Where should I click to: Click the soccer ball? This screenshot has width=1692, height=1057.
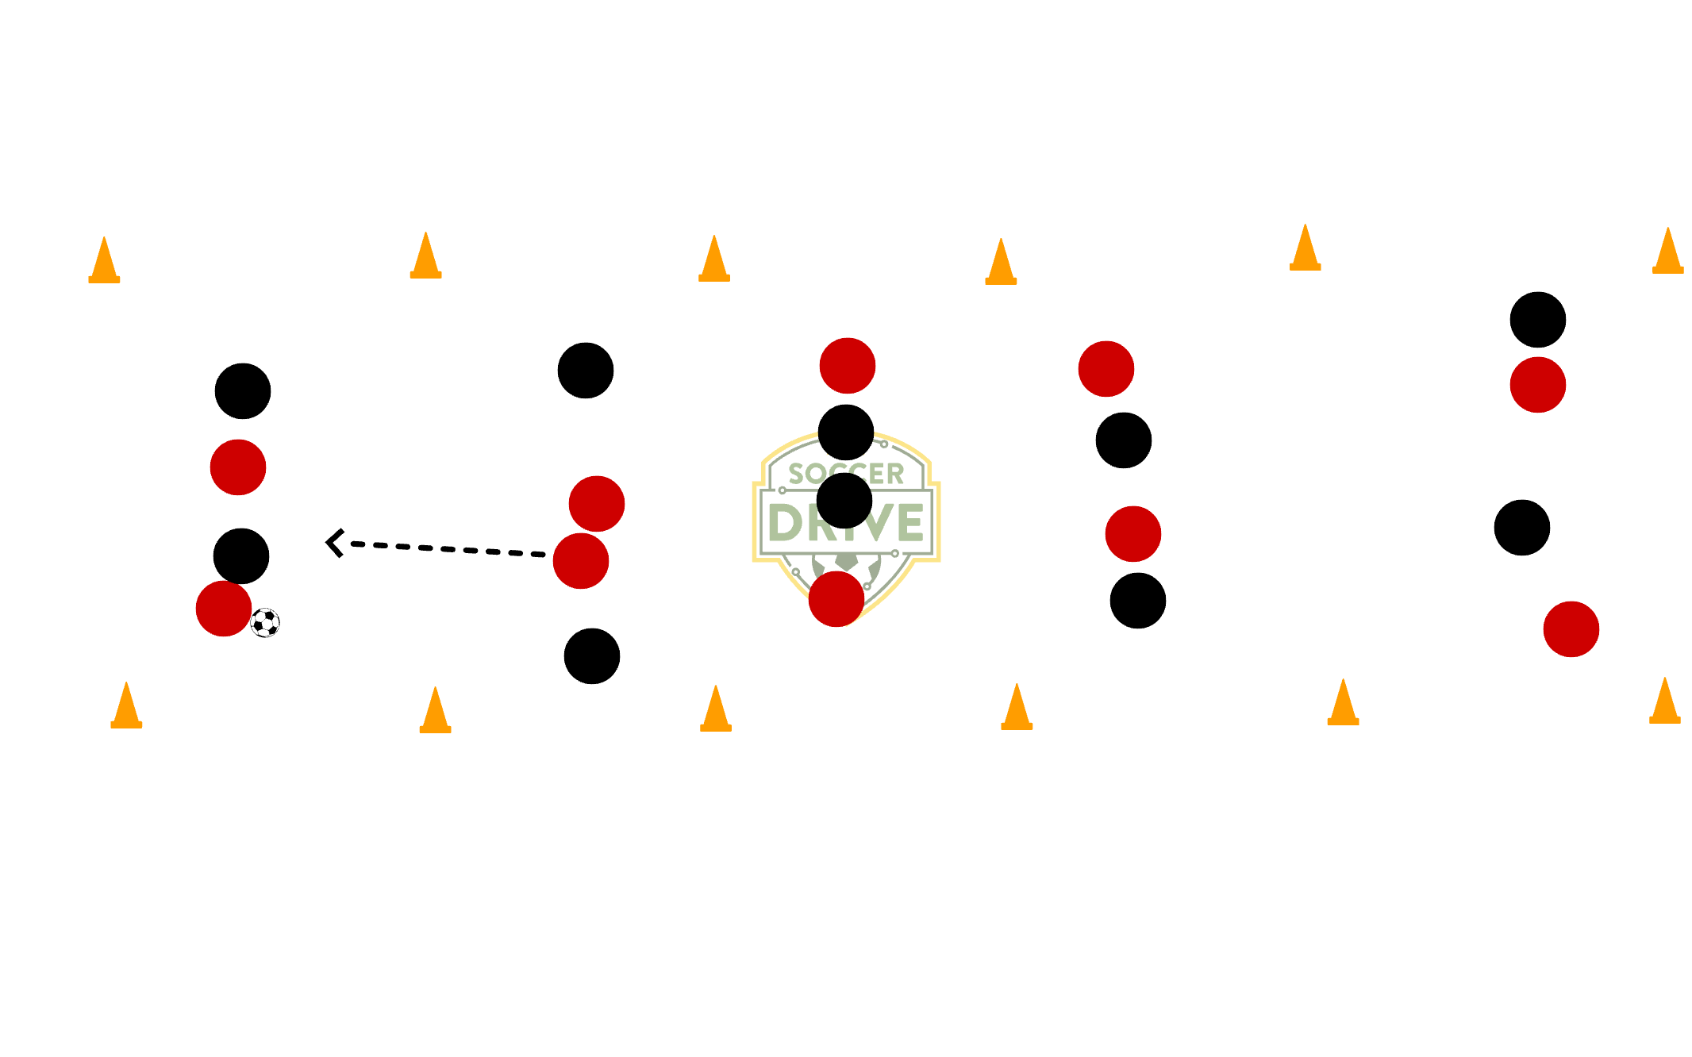(265, 623)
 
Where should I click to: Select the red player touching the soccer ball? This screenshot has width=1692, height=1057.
(223, 609)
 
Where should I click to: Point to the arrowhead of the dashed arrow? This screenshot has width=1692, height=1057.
(333, 543)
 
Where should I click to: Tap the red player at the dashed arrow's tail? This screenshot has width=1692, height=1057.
(580, 561)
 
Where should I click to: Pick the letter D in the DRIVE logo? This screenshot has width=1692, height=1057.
(786, 523)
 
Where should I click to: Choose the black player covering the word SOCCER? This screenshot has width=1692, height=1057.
(846, 432)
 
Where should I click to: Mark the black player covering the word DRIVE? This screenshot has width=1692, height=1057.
(844, 501)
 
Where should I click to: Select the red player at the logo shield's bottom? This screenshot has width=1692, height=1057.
(836, 599)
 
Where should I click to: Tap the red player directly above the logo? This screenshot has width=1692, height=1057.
(848, 366)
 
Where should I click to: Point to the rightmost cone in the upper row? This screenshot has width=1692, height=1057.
(1667, 252)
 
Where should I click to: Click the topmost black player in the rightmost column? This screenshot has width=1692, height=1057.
(1538, 320)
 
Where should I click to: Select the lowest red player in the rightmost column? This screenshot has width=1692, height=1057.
(1571, 629)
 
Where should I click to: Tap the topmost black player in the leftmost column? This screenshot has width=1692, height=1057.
(243, 391)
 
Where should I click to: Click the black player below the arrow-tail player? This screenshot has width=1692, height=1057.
(592, 656)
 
